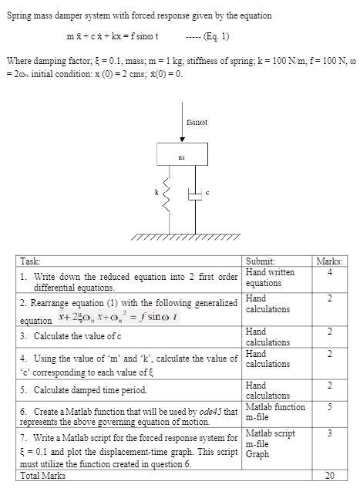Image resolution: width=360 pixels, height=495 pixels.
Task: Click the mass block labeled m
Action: [x=182, y=156]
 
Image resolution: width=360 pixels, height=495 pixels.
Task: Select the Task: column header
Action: [x=32, y=261]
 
